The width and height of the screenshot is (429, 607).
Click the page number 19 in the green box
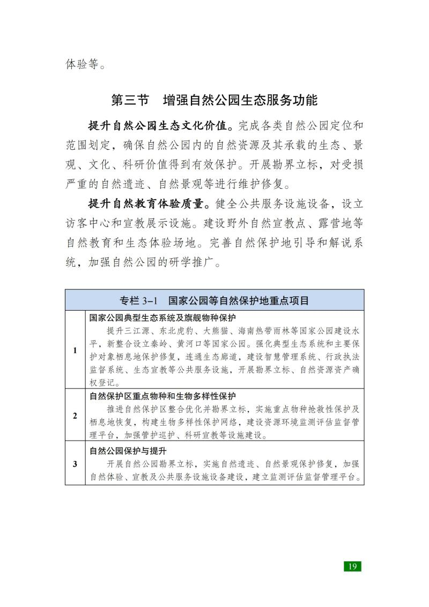click(352, 566)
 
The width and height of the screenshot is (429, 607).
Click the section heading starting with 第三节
click(214, 100)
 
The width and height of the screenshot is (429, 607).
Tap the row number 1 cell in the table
click(75, 350)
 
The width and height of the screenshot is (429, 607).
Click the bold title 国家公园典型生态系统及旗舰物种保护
click(163, 318)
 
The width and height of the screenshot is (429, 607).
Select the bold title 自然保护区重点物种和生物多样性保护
click(163, 398)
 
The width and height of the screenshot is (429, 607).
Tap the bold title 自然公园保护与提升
click(129, 450)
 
